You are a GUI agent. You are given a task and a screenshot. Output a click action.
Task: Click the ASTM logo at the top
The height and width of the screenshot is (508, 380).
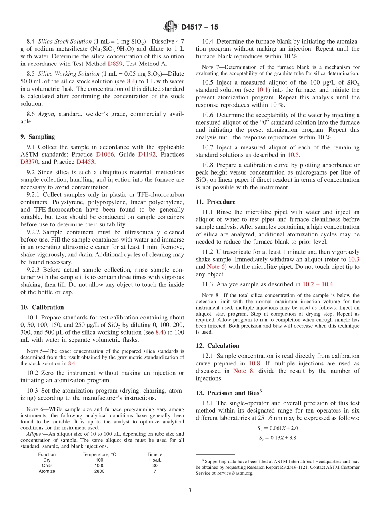tap(171, 27)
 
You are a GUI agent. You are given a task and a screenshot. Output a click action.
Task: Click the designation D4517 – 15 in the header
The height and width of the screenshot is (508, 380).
tap(200, 27)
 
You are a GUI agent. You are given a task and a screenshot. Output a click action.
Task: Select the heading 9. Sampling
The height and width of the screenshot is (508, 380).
tap(38, 137)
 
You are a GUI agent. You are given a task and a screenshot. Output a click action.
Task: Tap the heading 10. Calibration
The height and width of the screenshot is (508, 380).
tap(42, 307)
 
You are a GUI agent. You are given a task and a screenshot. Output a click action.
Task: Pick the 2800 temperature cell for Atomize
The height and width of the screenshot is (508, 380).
tap(99, 471)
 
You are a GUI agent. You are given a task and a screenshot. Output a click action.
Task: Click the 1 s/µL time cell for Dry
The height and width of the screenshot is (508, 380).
tap(155, 460)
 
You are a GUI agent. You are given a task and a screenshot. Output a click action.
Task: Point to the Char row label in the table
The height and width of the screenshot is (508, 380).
tap(47, 466)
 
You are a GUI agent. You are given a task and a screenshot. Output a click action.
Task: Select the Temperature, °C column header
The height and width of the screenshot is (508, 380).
tap(99, 454)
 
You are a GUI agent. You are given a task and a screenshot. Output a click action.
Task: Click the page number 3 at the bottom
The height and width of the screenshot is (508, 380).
tap(190, 491)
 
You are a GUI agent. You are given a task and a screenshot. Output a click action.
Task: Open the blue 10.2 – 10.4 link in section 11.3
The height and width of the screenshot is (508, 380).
tap(318, 284)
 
